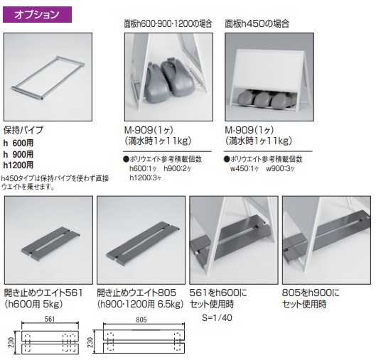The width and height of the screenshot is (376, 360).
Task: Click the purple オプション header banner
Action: click(x=37, y=15)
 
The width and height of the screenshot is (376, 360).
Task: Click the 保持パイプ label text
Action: click(x=23, y=130)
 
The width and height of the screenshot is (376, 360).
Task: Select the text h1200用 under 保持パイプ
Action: click(x=18, y=165)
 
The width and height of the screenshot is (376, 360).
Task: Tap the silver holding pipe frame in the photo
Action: click(x=48, y=77)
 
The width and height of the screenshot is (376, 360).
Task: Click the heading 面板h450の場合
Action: click(x=257, y=23)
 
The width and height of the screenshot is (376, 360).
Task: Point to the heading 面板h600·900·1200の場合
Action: click(x=168, y=23)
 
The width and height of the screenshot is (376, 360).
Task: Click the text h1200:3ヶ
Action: click(x=146, y=178)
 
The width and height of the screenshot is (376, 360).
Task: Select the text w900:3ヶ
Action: click(x=280, y=168)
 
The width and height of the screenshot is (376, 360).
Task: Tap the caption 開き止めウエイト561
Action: click(x=43, y=293)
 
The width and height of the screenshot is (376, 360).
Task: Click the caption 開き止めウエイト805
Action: click(x=136, y=293)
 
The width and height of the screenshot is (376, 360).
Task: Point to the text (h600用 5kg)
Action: click(x=33, y=304)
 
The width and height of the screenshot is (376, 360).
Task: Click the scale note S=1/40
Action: click(x=217, y=317)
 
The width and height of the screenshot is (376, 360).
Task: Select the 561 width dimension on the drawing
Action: click(x=50, y=319)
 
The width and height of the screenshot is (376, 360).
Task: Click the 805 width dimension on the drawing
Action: click(x=141, y=320)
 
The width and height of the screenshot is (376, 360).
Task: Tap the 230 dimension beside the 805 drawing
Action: click(x=90, y=342)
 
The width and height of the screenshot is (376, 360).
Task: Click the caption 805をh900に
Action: click(x=311, y=293)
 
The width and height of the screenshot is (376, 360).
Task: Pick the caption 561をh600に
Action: click(x=218, y=293)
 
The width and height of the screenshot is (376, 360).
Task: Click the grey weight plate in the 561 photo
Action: click(x=50, y=244)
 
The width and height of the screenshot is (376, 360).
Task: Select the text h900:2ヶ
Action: click(x=178, y=168)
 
